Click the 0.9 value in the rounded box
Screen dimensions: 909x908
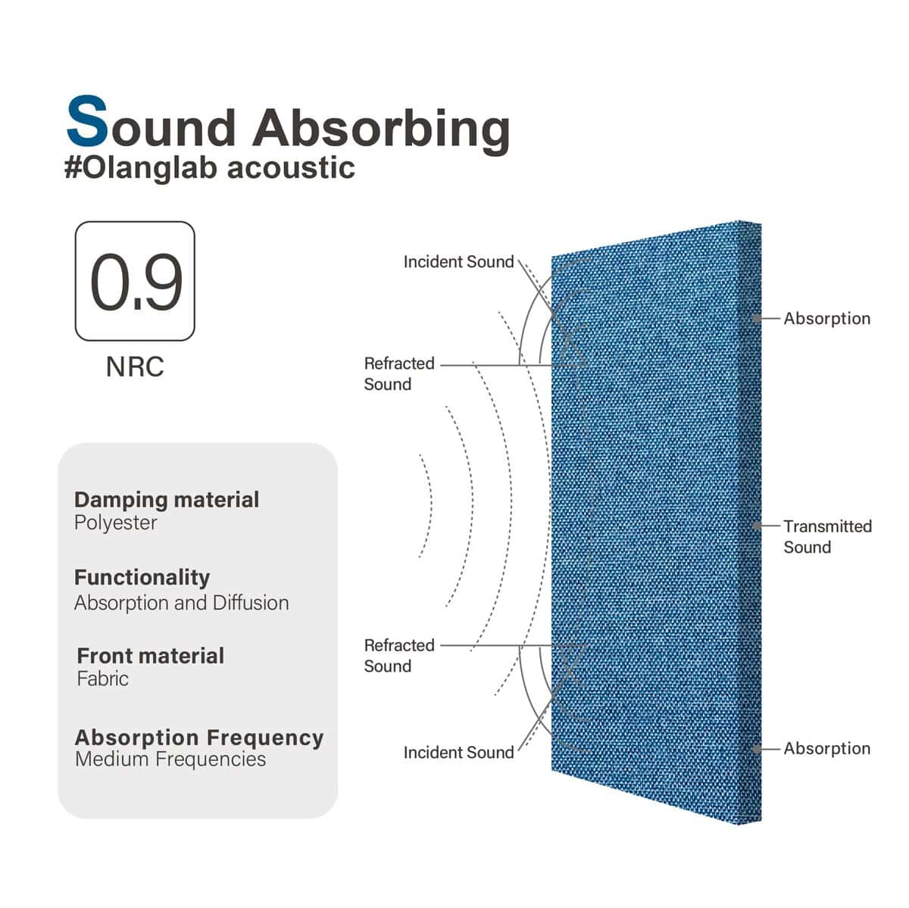136,282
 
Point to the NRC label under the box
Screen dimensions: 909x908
135,367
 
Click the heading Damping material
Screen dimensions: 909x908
167,500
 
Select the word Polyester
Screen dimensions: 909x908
116,523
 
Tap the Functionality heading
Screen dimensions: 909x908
142,578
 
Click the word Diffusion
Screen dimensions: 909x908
251,604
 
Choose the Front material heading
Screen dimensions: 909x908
151,656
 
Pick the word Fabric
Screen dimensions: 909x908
103,679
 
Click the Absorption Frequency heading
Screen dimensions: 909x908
199,738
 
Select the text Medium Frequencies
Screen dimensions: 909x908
170,760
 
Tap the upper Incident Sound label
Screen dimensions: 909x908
458,262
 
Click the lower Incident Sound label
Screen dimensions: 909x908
458,752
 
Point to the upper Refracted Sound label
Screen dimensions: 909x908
399,374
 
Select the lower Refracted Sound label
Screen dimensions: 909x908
399,656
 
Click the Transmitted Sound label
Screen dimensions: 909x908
827,537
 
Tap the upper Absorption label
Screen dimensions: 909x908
827,319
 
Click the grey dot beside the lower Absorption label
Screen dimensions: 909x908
757,749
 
